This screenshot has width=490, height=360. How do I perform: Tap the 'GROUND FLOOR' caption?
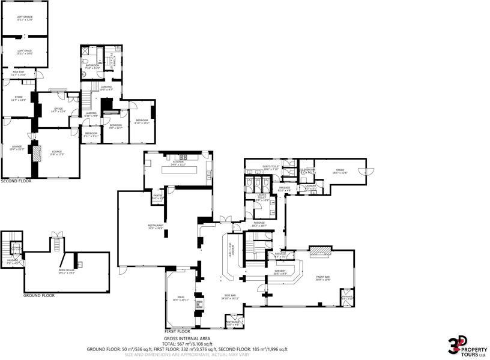click(38, 295)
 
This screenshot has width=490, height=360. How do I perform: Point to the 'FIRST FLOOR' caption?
click(177, 331)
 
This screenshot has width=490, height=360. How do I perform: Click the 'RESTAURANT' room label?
click(156, 227)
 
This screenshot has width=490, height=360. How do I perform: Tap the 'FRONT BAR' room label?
click(323, 277)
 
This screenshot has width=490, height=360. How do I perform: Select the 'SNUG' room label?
click(180, 298)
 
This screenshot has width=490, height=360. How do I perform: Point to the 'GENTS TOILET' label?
click(271, 167)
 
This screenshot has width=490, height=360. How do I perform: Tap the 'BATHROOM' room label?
click(92, 66)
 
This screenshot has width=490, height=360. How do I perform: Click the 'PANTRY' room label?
click(158, 196)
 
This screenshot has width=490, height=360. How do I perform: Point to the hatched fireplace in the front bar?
click(319, 253)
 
